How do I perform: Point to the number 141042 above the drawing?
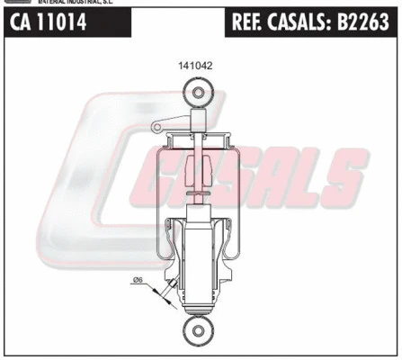pyautogui.click(x=196, y=66)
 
